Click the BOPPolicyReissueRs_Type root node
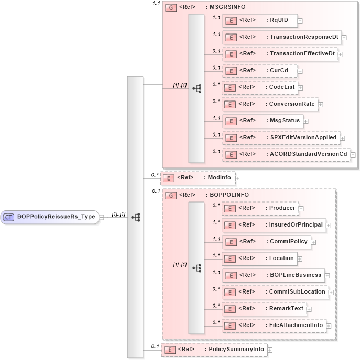pyautogui.click(x=49, y=217)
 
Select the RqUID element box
pyautogui.click(x=260, y=21)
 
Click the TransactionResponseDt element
pyautogui.click(x=282, y=37)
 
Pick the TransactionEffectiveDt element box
pyautogui.click(x=280, y=54)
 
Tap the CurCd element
pyautogui.click(x=259, y=71)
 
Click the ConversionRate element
pyautogui.click(x=269, y=104)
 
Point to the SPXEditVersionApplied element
pyautogui.click(x=281, y=138)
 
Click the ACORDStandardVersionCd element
pyautogui.click(x=286, y=154)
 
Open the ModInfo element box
pyautogui.click(x=198, y=178)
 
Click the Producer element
pyautogui.click(x=260, y=208)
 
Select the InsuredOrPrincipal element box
pyautogui.click(x=274, y=225)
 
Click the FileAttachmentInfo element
pyautogui.click(x=274, y=325)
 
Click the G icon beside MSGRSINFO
pyautogui.click(x=170, y=8)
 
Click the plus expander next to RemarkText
pyautogui.click(x=309, y=309)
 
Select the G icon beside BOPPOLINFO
pyautogui.click(x=170, y=195)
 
